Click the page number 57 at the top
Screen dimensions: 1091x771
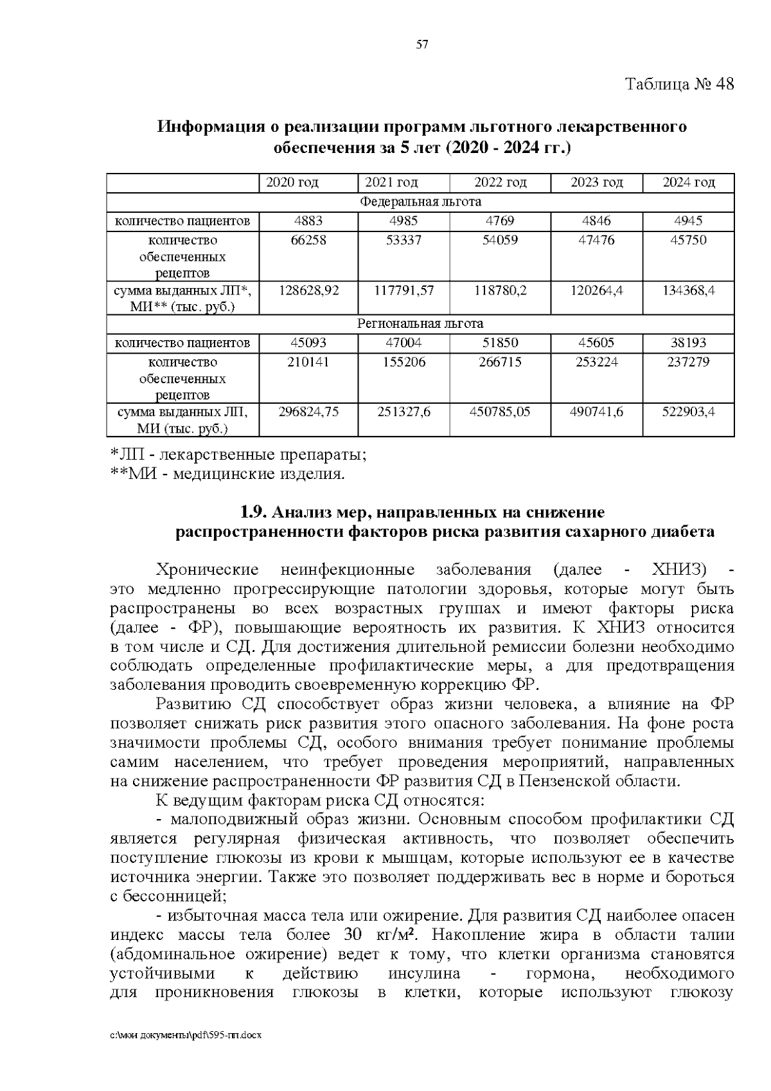point(422,44)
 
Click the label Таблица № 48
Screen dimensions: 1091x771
point(679,85)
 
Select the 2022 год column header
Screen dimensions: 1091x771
point(500,183)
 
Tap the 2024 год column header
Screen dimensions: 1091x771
point(688,183)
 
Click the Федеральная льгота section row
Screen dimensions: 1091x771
point(420,202)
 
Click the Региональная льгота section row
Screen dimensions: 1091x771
point(420,323)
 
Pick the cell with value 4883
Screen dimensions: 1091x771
point(308,221)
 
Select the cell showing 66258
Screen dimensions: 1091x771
point(308,240)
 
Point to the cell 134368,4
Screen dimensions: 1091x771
point(688,291)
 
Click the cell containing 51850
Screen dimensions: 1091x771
point(500,343)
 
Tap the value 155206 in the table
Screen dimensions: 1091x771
point(403,362)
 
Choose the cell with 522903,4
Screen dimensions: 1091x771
point(688,412)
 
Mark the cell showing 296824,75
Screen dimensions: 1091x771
point(308,412)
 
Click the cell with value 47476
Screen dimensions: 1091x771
point(596,240)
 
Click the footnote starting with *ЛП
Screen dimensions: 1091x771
point(238,455)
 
